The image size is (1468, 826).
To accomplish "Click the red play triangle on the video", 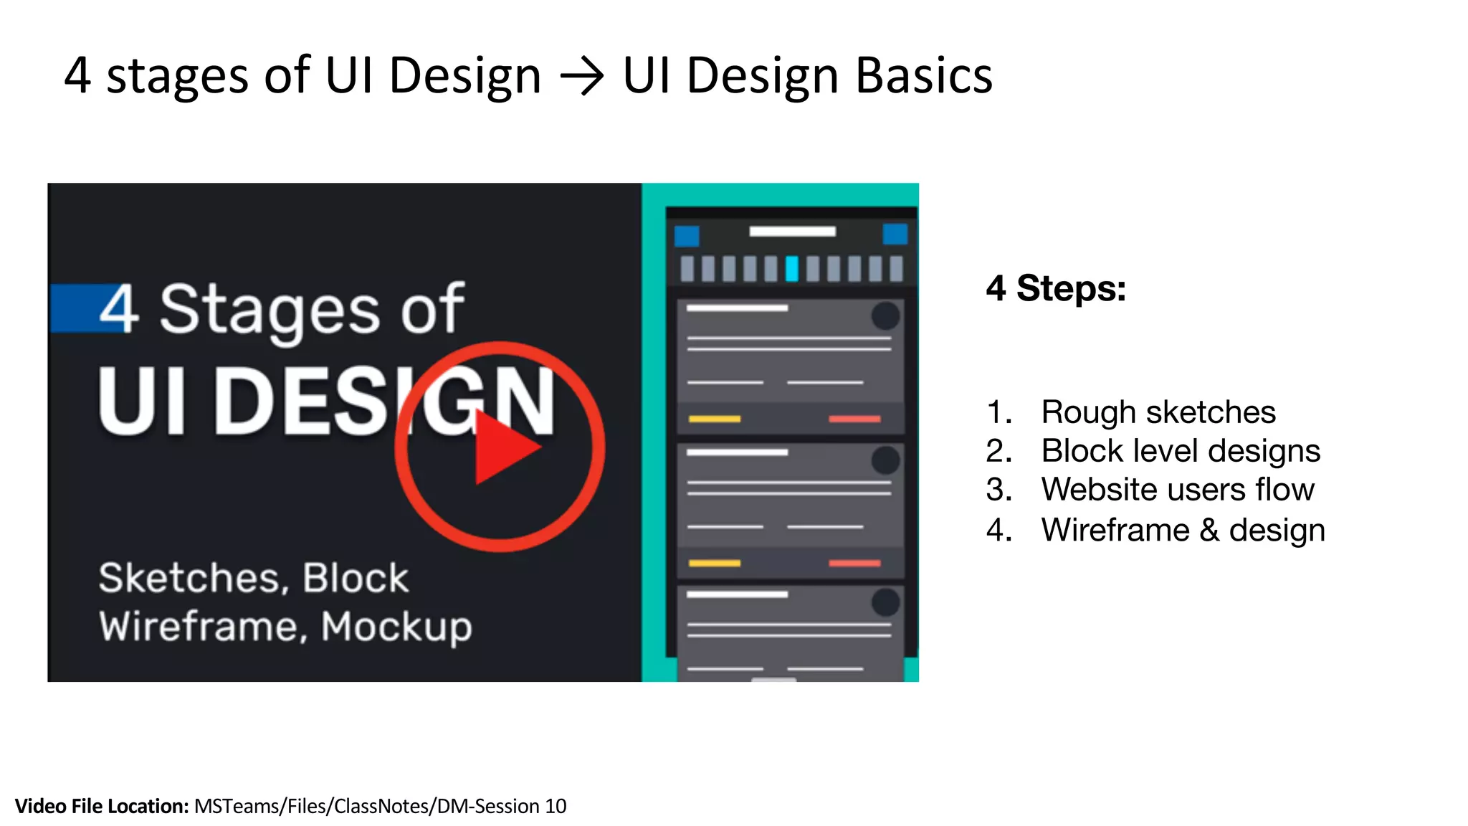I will (505, 447).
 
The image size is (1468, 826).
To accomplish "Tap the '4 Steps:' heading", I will (1055, 288).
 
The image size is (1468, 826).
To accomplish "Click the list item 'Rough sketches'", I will (1158, 412).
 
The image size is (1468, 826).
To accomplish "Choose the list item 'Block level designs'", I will (1180, 451).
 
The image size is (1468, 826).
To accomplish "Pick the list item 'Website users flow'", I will (1177, 490).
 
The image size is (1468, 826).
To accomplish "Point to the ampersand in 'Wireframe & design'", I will (1209, 530).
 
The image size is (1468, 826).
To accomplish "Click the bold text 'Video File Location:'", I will (102, 806).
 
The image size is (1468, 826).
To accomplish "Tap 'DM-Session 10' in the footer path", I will (501, 806).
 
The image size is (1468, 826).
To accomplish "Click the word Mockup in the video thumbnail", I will (396, 627).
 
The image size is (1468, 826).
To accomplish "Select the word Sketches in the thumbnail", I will (193, 578).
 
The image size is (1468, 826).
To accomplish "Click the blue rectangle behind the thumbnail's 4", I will (75, 308).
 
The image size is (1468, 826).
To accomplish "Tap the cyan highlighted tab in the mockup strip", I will (791, 269).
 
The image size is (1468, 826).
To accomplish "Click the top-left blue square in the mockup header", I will (687, 235).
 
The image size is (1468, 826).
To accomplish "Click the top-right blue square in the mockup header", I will (895, 234).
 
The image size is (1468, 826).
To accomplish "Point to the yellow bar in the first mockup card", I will (714, 419).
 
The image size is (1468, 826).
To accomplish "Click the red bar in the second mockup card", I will (854, 563).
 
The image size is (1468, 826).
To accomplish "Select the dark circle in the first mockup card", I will (885, 315).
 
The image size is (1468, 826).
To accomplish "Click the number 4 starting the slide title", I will (77, 75).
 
